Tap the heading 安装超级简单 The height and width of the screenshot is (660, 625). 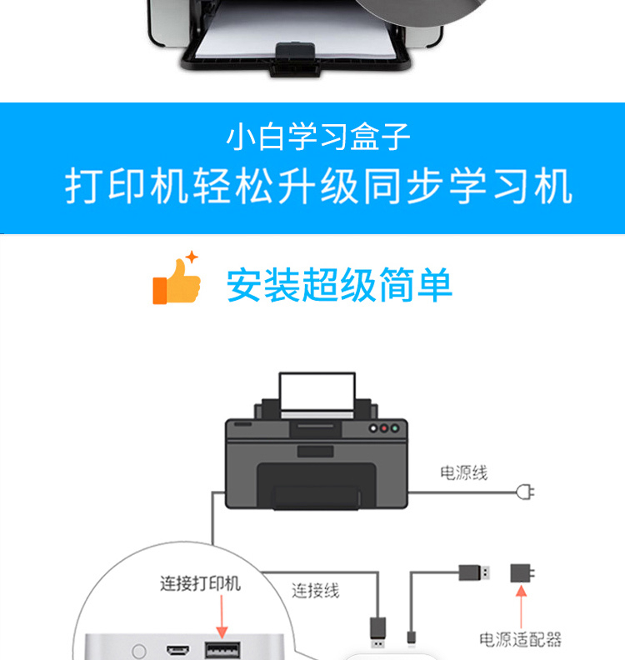[339, 285]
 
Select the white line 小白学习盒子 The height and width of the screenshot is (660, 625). [318, 137]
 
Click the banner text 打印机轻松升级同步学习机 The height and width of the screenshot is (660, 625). [318, 186]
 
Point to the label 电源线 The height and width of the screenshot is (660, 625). [464, 473]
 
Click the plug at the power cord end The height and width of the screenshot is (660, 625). [526, 492]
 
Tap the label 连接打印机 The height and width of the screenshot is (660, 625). [200, 583]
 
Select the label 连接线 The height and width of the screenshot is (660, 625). [316, 591]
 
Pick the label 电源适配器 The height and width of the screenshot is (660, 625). [520, 639]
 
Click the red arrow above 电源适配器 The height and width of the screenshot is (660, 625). [521, 607]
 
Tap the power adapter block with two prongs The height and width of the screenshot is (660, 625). [522, 573]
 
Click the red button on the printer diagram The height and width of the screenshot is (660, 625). [384, 428]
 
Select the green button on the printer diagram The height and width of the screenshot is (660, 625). [395, 428]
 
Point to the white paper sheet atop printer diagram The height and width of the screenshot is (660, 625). [317, 391]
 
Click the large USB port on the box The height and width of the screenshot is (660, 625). [222, 650]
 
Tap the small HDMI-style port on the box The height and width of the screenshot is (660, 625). [177, 650]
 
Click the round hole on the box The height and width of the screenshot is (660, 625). [139, 651]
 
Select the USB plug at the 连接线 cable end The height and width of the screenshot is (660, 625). [377, 632]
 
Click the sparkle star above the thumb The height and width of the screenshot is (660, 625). [192, 257]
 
